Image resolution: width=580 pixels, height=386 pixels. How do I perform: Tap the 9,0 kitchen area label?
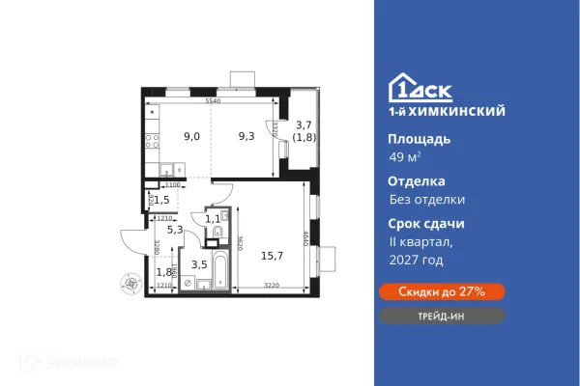point(192,137)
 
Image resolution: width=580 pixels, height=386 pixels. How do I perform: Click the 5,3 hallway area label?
point(175,229)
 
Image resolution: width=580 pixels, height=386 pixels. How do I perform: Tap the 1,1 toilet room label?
point(212,219)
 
